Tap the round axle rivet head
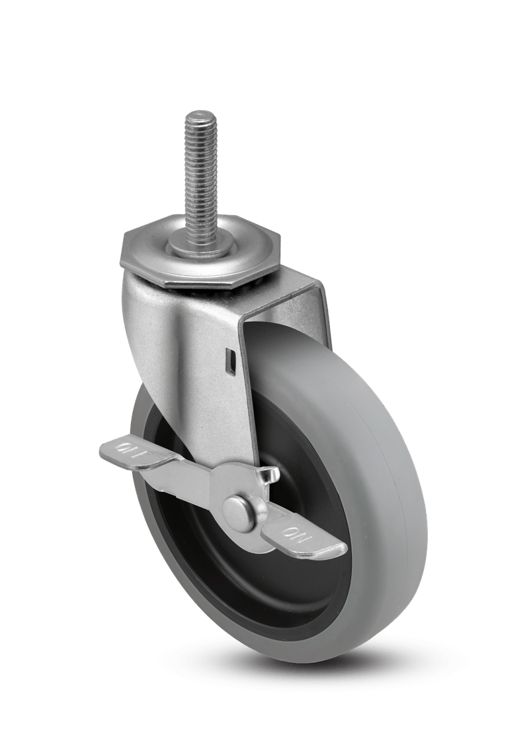pos(239,511)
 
